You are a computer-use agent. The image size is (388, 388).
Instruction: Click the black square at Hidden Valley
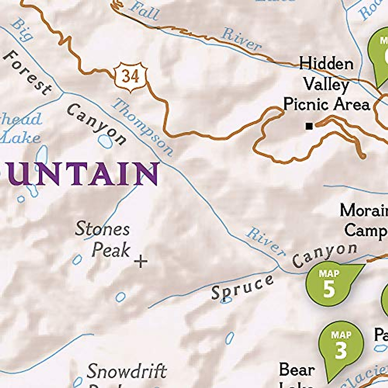click(309, 126)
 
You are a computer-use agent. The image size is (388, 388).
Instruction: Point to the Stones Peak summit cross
click(141, 261)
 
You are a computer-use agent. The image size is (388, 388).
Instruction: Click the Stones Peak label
click(103, 240)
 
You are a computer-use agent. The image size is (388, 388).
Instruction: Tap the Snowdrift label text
click(127, 371)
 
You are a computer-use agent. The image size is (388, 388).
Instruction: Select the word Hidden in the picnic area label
click(326, 64)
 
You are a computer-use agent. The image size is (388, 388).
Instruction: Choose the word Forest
click(27, 73)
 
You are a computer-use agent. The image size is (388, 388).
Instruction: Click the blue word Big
click(22, 30)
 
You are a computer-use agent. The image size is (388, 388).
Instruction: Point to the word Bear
click(296, 370)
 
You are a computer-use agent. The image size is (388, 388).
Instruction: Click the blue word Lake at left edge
click(21, 138)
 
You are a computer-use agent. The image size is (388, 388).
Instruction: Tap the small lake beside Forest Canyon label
click(105, 141)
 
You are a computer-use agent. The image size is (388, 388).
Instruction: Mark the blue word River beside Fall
click(241, 39)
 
